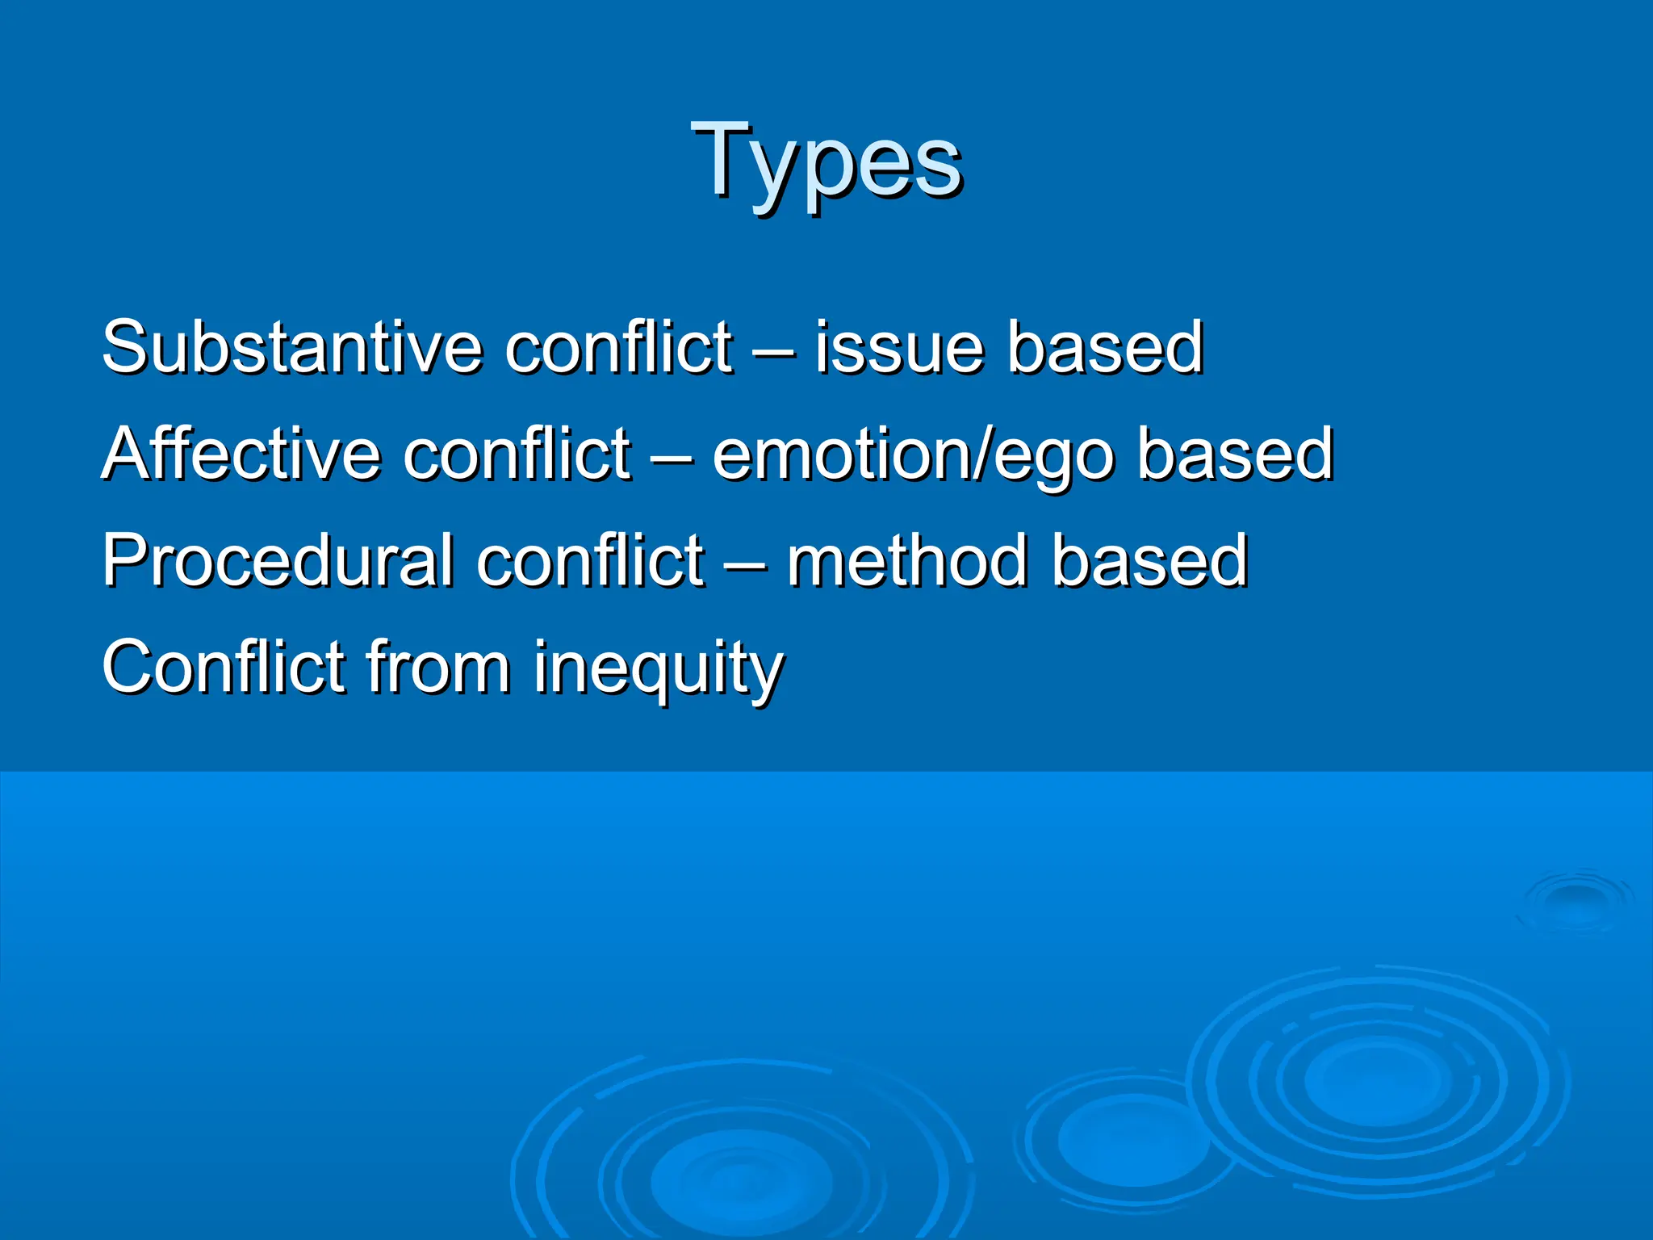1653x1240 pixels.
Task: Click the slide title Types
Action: (826, 161)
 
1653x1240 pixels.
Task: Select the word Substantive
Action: (291, 347)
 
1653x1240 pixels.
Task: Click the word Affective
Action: (241, 454)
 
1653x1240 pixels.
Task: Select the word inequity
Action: (658, 668)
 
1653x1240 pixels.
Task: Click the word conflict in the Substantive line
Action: (619, 347)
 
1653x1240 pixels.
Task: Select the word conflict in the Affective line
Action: (517, 454)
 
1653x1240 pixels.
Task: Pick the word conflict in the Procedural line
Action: (590, 560)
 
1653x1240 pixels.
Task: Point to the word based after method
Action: (1149, 560)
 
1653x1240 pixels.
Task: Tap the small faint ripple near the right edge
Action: (1574, 898)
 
